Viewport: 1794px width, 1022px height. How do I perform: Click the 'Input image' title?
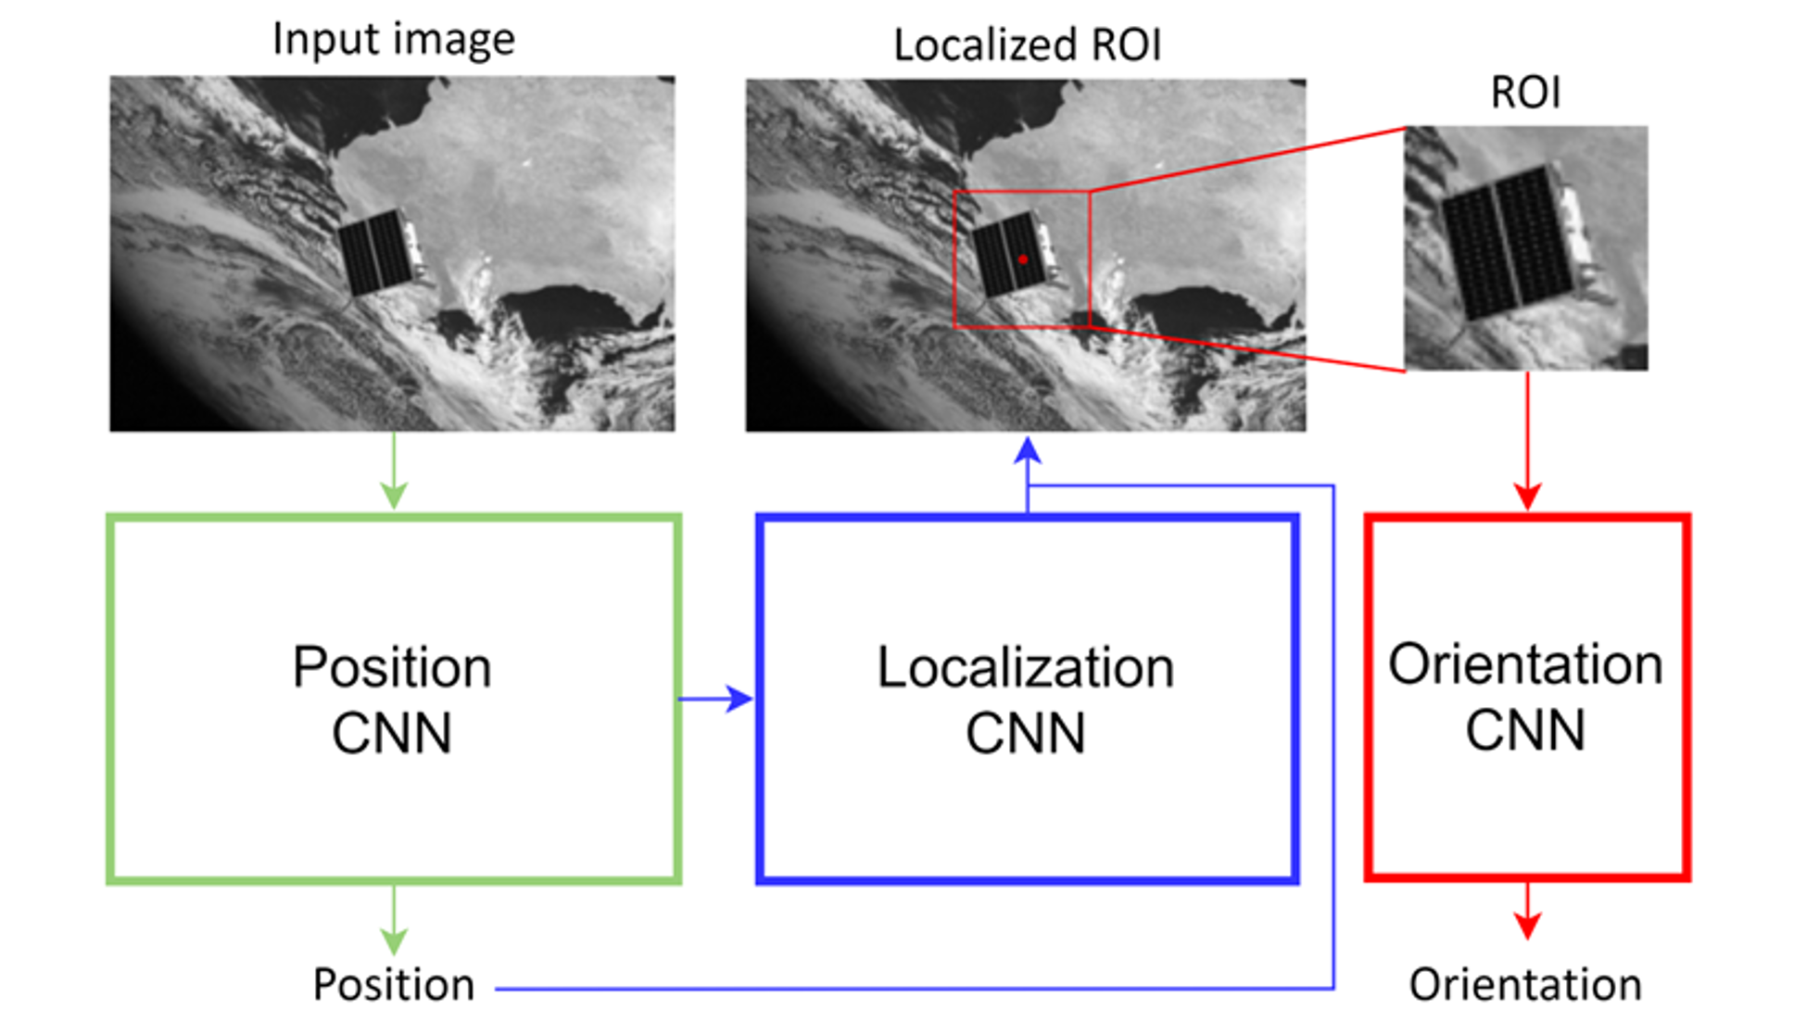393,39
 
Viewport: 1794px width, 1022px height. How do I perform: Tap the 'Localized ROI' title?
1027,44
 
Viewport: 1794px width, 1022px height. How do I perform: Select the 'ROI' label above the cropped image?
1525,92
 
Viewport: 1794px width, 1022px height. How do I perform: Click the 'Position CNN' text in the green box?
392,700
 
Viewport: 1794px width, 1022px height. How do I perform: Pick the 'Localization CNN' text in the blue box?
1026,700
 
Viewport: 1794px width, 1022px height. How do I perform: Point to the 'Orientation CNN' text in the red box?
1525,697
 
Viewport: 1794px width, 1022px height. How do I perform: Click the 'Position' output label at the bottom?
393,984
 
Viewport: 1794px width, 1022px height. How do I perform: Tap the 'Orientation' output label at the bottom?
1525,984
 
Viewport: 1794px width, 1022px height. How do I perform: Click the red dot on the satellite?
1023,259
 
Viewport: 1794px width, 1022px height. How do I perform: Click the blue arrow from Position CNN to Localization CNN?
717,699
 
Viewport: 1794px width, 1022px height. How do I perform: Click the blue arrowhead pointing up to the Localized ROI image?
1028,451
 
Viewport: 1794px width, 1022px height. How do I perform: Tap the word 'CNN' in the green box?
392,733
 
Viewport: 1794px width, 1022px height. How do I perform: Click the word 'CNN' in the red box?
1525,730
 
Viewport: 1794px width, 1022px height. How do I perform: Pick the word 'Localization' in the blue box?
1026,667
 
